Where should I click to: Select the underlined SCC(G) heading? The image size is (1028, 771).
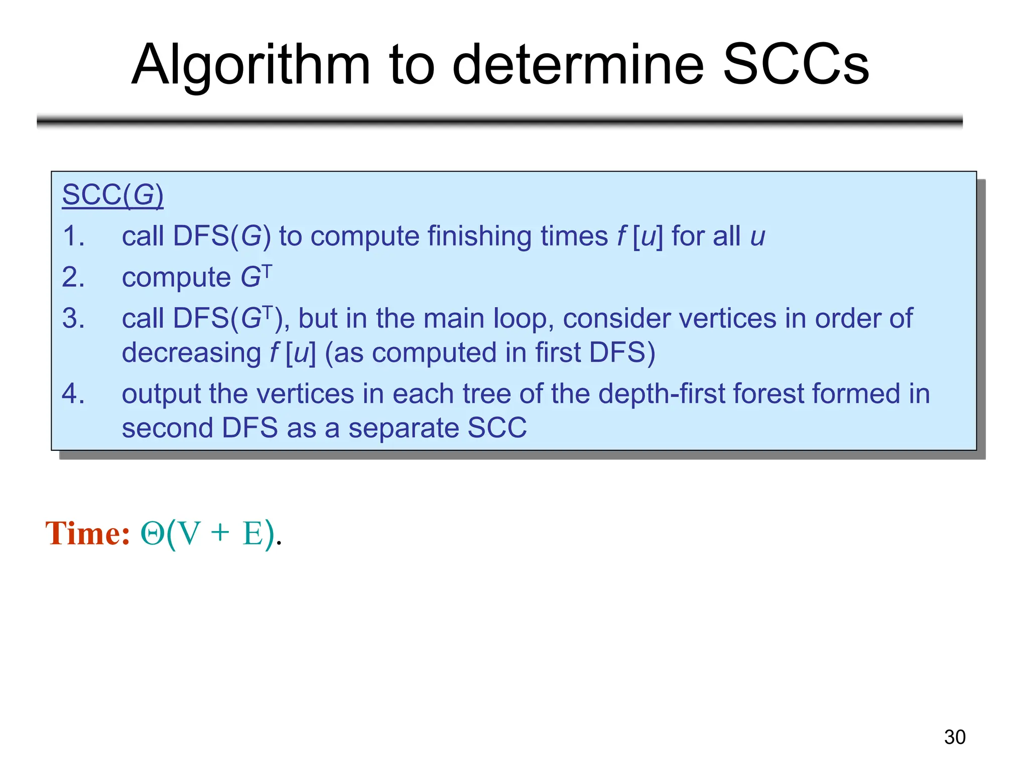coord(112,195)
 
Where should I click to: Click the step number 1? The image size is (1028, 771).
coord(73,236)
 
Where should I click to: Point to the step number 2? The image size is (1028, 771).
coord(73,277)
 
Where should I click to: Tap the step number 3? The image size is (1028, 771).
coord(73,318)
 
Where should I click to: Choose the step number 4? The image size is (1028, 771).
coord(73,394)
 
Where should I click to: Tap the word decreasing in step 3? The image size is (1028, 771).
coord(191,353)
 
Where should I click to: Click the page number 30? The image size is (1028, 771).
coord(954,737)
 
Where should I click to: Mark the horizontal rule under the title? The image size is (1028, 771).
coord(499,121)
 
